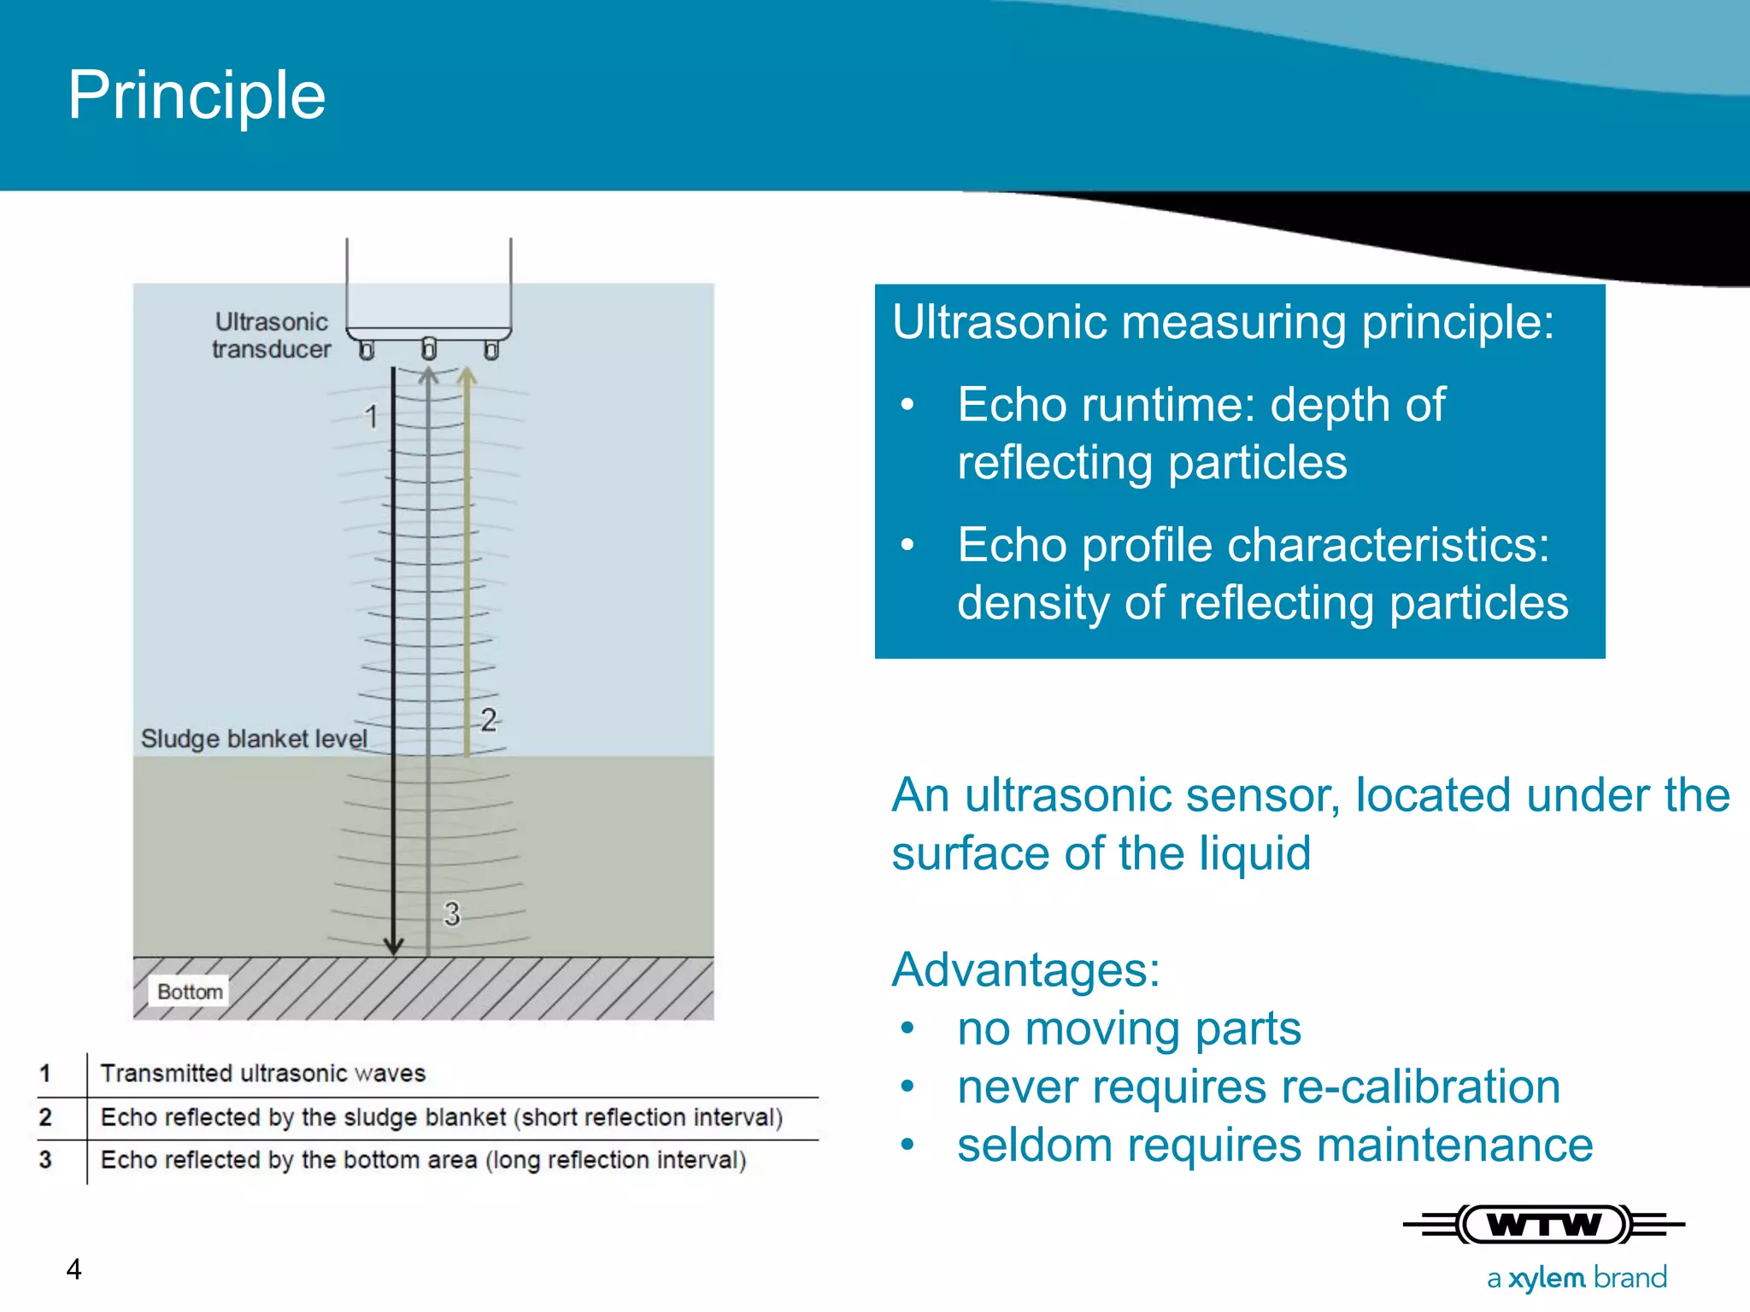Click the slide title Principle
[x=197, y=96]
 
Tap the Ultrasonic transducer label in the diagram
[x=271, y=336]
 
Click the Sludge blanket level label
[x=254, y=739]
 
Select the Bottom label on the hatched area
[x=190, y=992]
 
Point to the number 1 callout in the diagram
[x=371, y=417]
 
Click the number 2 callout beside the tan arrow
[x=488, y=720]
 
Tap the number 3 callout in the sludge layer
[x=452, y=914]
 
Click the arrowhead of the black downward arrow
[x=393, y=946]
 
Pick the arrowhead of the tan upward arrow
[x=467, y=377]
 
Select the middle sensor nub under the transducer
[x=429, y=348]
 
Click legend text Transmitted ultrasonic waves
[x=262, y=1074]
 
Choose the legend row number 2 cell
[x=46, y=1117]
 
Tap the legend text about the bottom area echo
[x=423, y=1160]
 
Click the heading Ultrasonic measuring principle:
[x=1223, y=323]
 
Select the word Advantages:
[x=1025, y=970]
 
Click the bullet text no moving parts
[x=1128, y=1028]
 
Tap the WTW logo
[x=1543, y=1225]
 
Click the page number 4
[x=74, y=1270]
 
